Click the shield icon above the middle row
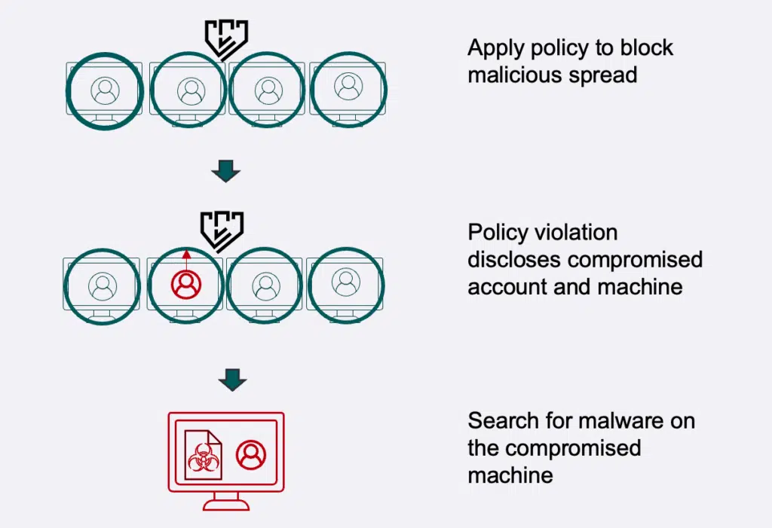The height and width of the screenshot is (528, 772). (222, 230)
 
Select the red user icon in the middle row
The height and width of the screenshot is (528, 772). (186, 284)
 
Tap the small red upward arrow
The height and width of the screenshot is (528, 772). (186, 256)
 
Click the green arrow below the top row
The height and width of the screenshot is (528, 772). (225, 172)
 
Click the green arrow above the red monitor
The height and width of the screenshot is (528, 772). (232, 380)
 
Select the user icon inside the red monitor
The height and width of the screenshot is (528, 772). (251, 455)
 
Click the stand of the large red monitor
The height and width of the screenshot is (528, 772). (226, 501)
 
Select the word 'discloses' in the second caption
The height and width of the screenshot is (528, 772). (515, 259)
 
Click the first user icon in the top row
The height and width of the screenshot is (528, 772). (105, 90)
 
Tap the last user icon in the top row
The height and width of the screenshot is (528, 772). (348, 87)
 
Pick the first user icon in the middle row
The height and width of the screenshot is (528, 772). (103, 285)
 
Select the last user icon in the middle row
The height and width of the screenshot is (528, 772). (345, 282)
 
